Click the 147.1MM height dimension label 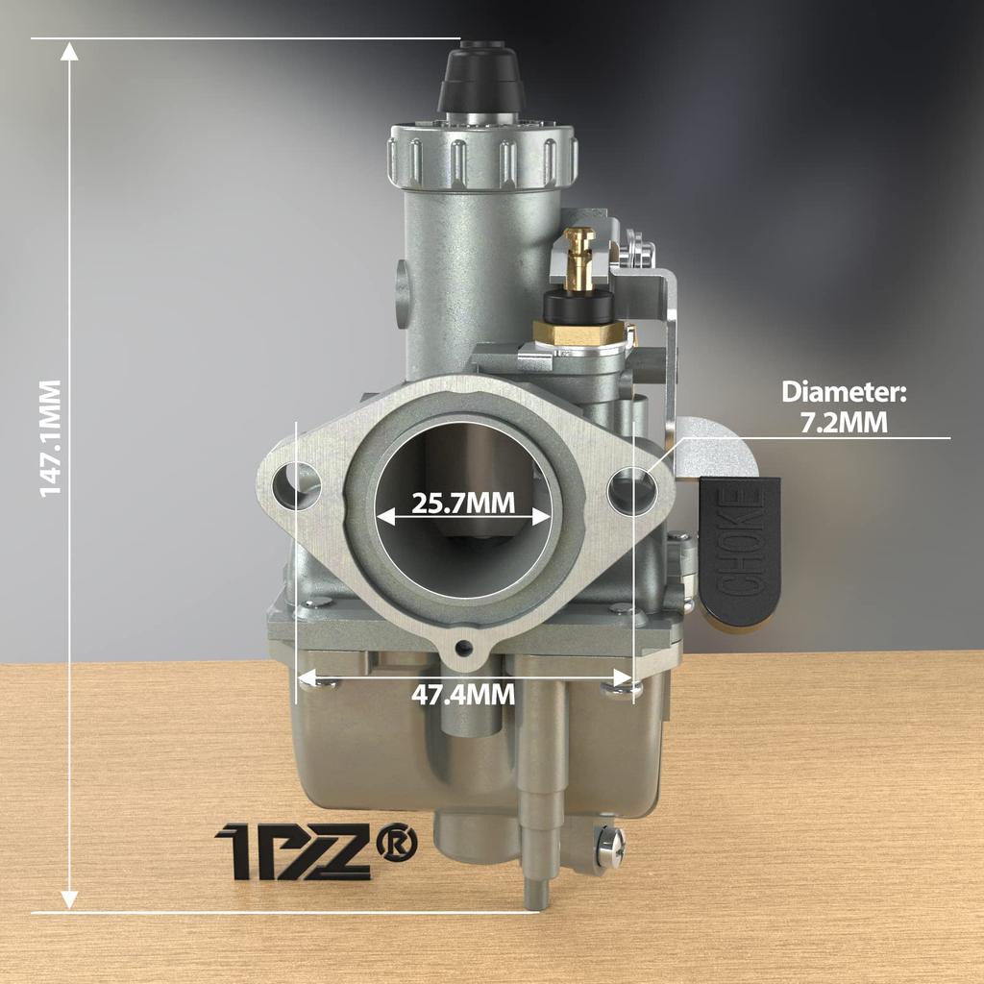click(50, 437)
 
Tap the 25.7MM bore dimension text click(463, 503)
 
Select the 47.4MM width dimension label click(463, 694)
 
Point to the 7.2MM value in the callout click(844, 423)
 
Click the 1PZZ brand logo click(292, 851)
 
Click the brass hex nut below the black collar click(579, 334)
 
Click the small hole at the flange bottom click(467, 647)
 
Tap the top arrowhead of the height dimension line click(69, 50)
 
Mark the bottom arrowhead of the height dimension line click(69, 899)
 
